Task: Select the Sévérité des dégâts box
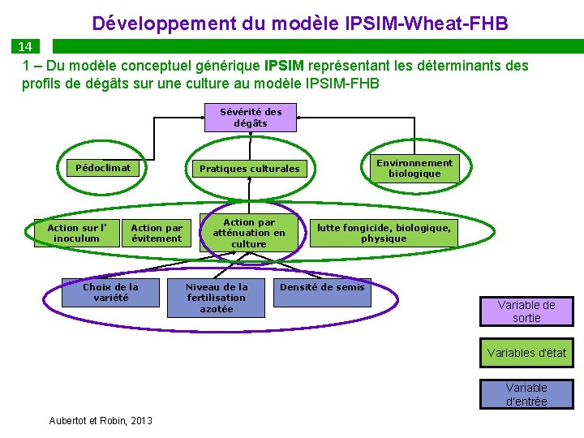tap(251, 118)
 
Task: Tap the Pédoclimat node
tap(103, 168)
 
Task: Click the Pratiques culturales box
tap(249, 169)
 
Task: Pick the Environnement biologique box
tap(414, 168)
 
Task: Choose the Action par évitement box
tap(157, 234)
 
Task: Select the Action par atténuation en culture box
tap(249, 233)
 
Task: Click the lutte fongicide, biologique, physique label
tap(384, 233)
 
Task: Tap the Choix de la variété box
tap(110, 293)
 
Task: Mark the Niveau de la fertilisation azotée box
tap(217, 298)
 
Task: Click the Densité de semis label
tap(322, 287)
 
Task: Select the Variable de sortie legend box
tap(526, 311)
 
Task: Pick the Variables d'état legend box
tap(526, 353)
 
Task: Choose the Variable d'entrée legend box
tap(526, 394)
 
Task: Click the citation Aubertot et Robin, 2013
tap(101, 420)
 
